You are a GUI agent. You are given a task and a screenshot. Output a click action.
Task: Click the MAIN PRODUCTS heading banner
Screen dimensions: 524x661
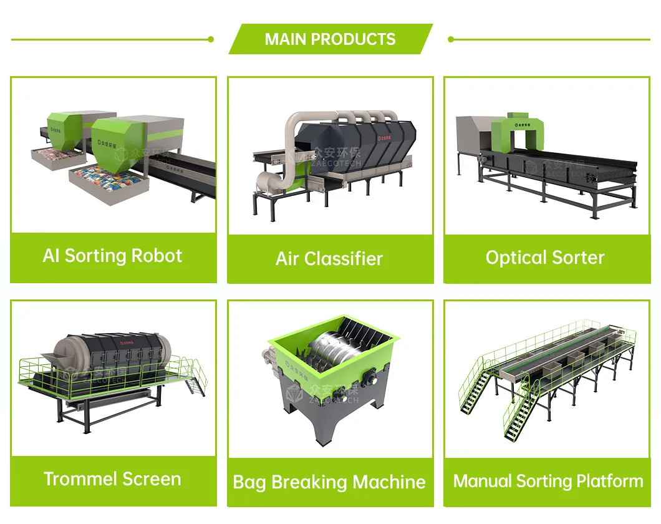(330, 39)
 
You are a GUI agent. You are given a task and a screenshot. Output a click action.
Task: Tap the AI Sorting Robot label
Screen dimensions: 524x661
(113, 256)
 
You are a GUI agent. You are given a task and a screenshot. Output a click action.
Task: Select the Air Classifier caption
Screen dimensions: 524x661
(329, 259)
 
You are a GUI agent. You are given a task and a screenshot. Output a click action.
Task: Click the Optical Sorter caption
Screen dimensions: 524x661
(545, 258)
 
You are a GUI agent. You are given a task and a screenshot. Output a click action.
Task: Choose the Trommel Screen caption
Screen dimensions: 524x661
(113, 479)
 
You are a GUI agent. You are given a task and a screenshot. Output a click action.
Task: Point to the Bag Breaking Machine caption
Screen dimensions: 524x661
(329, 482)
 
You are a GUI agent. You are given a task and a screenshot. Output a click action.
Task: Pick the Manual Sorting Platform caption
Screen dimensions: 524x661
(548, 481)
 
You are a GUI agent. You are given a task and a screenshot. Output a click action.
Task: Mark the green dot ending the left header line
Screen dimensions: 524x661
(211, 39)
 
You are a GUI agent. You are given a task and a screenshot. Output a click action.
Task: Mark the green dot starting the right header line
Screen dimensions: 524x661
(451, 39)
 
